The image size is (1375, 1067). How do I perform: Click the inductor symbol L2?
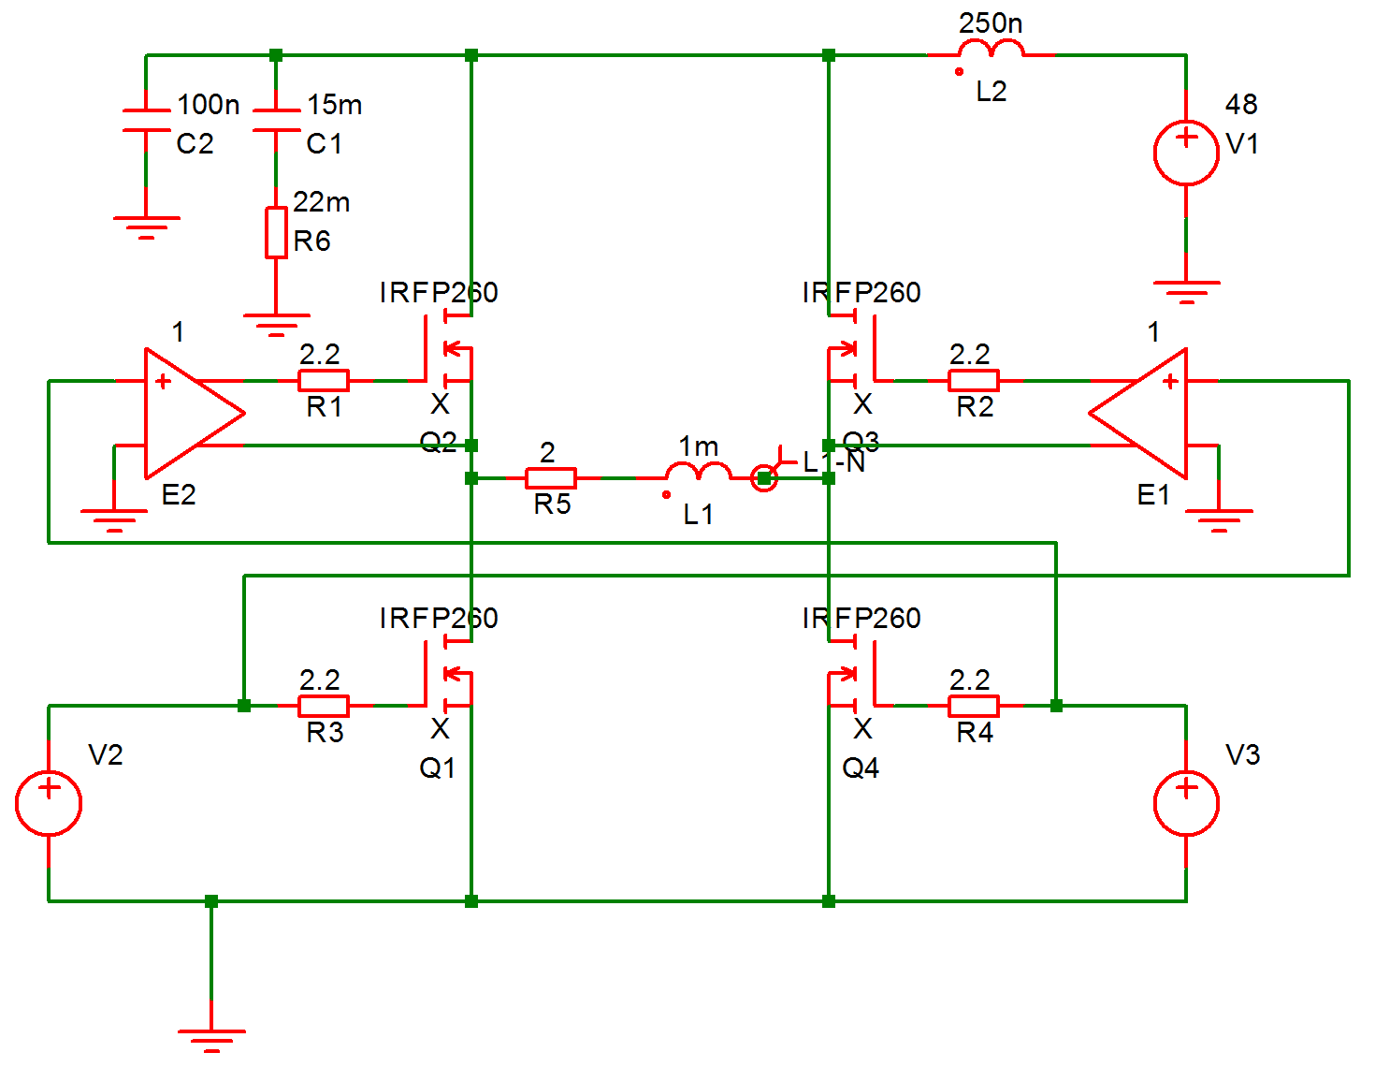pos(991,51)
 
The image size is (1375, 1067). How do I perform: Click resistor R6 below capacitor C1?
pos(276,232)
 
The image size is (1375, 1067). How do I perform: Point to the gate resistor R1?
pos(324,380)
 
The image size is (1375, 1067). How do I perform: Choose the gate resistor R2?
pos(974,380)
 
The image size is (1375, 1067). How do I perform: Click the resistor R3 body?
pos(324,706)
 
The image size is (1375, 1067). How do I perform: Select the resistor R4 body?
pos(974,706)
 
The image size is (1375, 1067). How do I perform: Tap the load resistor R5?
pos(551,478)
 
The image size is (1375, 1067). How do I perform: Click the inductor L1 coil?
pos(698,473)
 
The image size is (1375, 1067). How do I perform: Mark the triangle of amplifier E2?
pos(187,413)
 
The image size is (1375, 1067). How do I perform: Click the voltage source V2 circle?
pos(49,803)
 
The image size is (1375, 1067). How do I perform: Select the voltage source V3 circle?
pos(1186,803)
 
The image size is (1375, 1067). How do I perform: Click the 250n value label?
pos(991,22)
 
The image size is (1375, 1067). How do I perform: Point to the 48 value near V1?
pos(1241,104)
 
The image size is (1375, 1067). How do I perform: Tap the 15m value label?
pos(335,104)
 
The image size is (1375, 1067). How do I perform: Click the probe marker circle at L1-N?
pos(764,478)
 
